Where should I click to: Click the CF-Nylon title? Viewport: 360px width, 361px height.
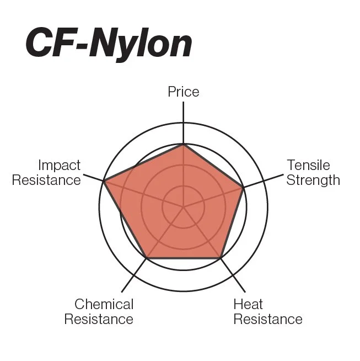[108, 44]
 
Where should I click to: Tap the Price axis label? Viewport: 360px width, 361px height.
[183, 92]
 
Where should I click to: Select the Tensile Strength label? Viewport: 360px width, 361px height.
[313, 173]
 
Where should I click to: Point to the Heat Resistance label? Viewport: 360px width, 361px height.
[267, 311]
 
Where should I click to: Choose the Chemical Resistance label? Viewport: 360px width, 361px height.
[99, 311]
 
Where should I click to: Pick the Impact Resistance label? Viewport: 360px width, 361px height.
[46, 173]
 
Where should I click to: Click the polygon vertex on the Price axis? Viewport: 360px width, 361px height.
[183, 145]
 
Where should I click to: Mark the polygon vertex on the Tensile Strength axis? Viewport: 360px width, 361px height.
[243, 188]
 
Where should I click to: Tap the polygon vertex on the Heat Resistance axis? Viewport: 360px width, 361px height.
[221, 258]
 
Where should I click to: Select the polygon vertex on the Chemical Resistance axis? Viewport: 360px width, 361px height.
[146, 258]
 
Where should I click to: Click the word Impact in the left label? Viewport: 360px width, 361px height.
[59, 166]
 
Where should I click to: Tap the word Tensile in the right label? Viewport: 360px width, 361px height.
[308, 166]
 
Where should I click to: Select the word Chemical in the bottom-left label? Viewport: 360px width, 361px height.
[104, 304]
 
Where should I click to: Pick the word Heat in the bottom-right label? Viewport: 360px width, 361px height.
[248, 304]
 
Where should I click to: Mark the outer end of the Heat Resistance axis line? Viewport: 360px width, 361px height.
[245, 291]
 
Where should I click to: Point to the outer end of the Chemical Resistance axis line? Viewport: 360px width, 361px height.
[122, 291]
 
